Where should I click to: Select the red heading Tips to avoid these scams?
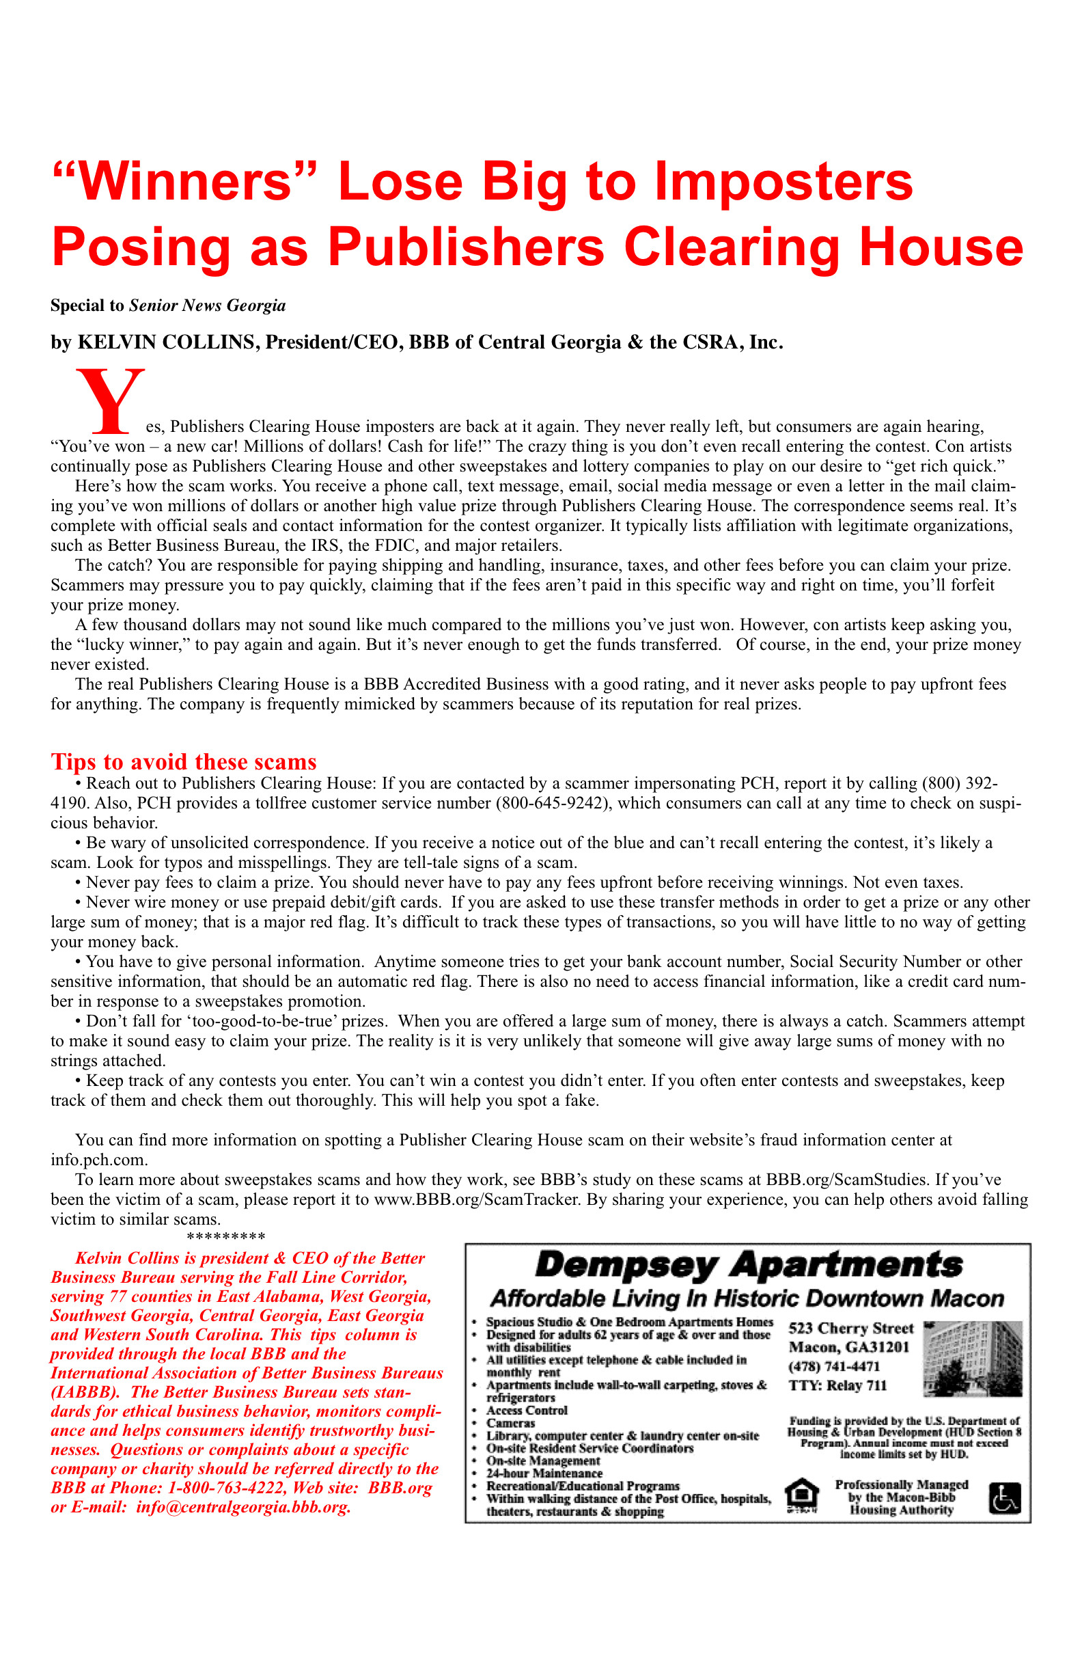coord(183,762)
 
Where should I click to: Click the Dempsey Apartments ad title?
coord(748,1265)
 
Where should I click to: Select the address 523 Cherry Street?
coord(850,1329)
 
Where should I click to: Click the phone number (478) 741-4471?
coord(834,1367)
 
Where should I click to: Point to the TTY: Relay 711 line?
coord(837,1385)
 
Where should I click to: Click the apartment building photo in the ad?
coord(973,1358)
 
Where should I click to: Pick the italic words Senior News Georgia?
coord(207,305)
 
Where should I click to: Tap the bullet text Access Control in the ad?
coord(526,1410)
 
